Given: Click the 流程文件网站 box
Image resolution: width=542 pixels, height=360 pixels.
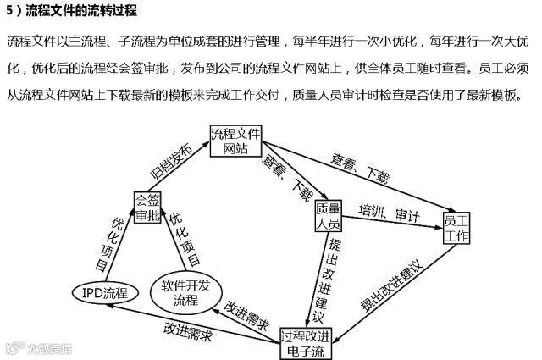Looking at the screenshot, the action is [x=235, y=141].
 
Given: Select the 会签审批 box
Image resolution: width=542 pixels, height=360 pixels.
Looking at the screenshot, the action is [x=147, y=208].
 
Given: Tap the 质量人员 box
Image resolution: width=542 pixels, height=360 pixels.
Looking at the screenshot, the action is [x=328, y=216].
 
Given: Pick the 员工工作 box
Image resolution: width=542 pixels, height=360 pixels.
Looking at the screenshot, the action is [x=456, y=228].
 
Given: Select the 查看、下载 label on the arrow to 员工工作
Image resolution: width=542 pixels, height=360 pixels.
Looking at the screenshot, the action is [x=361, y=167].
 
